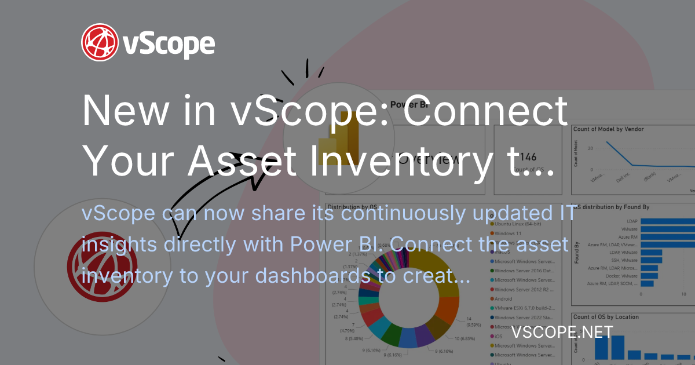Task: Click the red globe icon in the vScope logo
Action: [x=100, y=42]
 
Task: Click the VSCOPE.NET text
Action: [x=562, y=332]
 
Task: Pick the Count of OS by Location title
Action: [x=606, y=317]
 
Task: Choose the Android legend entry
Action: [x=507, y=298]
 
